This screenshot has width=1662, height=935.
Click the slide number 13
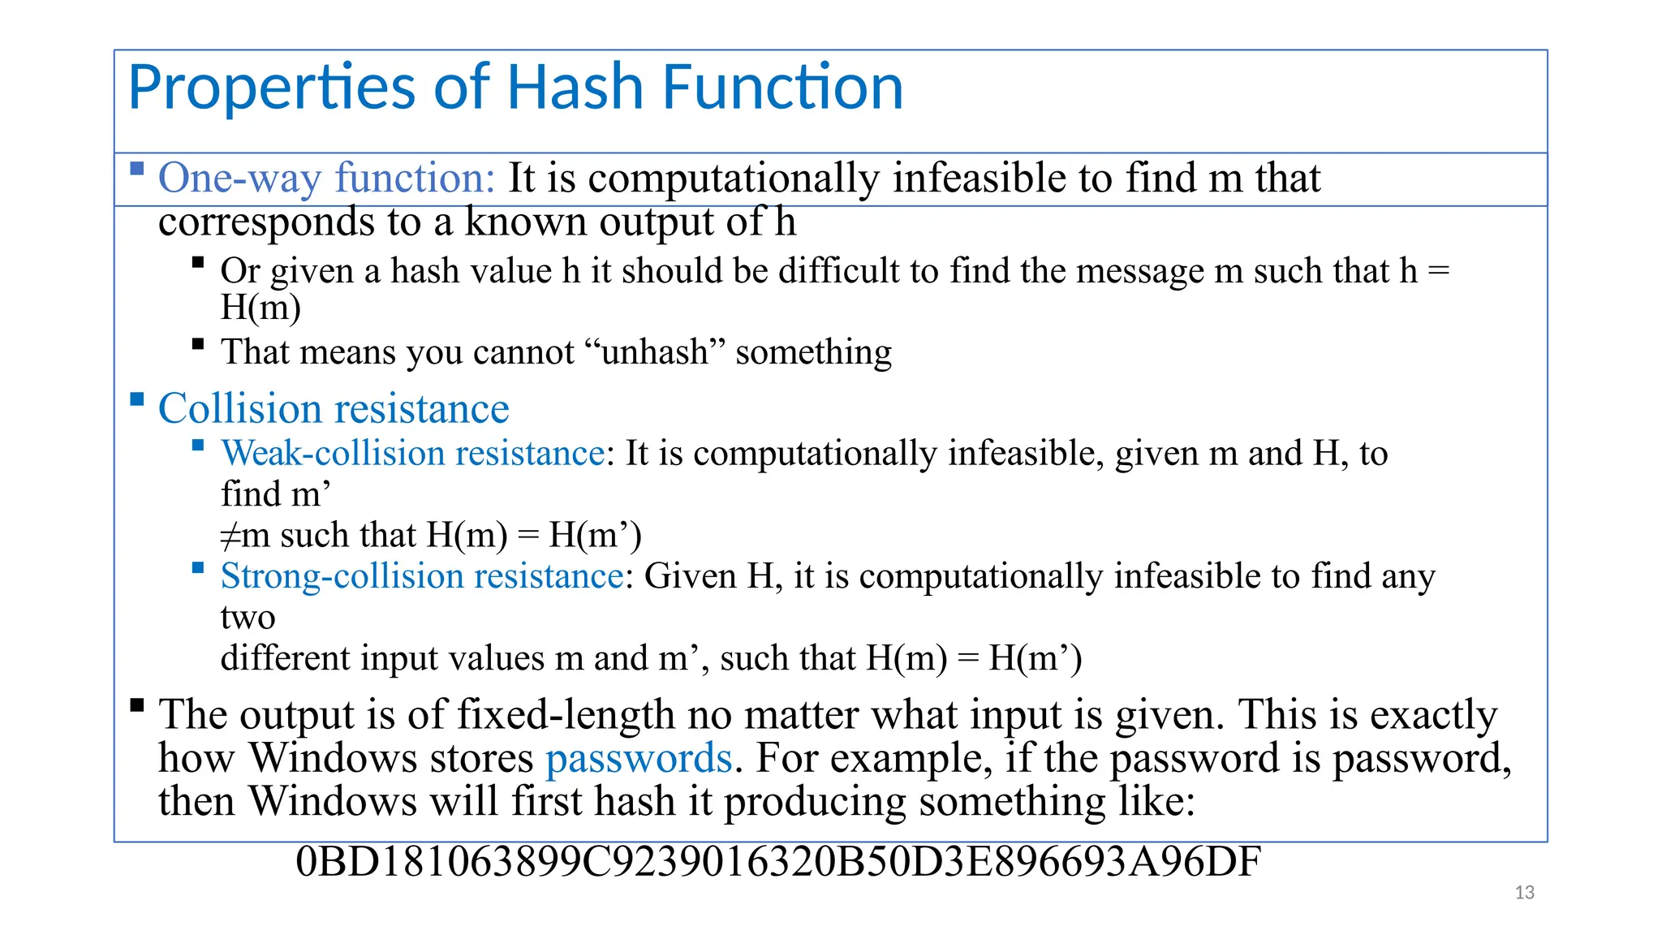click(1524, 893)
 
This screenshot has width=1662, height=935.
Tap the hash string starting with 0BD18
click(777, 862)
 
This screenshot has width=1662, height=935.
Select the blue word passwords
click(639, 759)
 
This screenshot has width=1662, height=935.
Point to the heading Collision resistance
click(334, 408)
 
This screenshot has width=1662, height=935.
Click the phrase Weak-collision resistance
click(413, 454)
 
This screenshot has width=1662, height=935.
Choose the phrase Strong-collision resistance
click(422, 576)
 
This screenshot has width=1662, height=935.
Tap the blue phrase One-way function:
click(326, 178)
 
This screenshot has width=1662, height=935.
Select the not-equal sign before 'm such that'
click(230, 536)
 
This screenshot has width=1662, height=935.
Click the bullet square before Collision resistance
click(137, 399)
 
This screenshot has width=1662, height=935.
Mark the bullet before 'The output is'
click(137, 704)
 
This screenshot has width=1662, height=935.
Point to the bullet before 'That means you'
click(198, 344)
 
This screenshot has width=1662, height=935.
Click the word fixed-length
click(566, 715)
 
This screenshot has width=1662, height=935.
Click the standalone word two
click(248, 618)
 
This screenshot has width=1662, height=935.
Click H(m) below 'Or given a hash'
click(260, 308)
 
